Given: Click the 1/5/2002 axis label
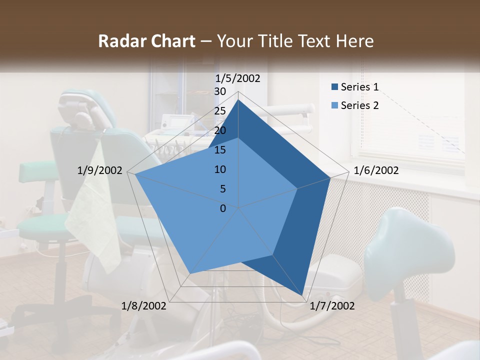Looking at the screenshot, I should (x=238, y=78).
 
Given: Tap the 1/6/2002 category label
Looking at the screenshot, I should (x=376, y=170).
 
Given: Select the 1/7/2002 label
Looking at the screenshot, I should (x=331, y=306).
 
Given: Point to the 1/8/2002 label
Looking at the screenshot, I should (x=144, y=306).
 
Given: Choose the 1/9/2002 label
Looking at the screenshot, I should (x=100, y=170).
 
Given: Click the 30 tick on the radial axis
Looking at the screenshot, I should (x=220, y=91).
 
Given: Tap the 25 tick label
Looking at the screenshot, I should (x=220, y=111).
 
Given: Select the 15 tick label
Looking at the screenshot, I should (x=220, y=150).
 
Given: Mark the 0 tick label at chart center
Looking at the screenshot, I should (x=223, y=208).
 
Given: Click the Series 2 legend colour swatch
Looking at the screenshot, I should (x=334, y=105).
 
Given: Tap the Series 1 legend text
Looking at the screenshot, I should (x=359, y=87).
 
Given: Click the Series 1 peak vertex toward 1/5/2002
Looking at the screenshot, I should (x=238, y=100).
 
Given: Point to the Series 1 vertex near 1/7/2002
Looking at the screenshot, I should (x=302, y=296).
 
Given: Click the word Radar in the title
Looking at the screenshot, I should (x=120, y=41).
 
